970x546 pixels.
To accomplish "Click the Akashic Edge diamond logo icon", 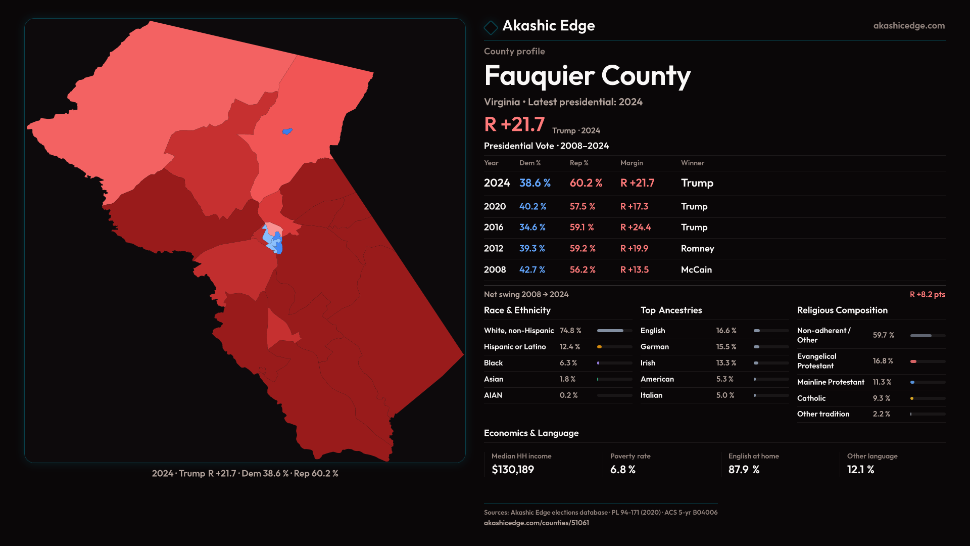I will coord(491,27).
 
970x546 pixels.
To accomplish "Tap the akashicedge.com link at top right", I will coord(909,26).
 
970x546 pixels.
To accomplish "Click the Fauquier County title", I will coord(587,76).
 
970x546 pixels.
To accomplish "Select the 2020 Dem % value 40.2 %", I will coord(532,207).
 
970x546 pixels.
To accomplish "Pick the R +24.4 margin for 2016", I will coord(636,227).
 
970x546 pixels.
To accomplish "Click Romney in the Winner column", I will coord(697,249).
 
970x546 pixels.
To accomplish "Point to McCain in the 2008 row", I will coord(696,270).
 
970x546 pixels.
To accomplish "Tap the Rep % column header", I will coord(579,163).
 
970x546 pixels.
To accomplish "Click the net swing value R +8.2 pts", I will coord(927,294).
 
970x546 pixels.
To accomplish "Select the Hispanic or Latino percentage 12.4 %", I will coord(569,347).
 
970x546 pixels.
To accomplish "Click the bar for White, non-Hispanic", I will coord(614,331).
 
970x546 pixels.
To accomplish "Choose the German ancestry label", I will coord(654,347).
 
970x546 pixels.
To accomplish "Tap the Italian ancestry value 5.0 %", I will coord(725,395).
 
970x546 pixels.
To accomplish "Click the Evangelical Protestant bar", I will coord(928,361).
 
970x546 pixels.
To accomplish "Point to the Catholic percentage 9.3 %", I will coord(881,398).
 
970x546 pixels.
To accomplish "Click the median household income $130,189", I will coord(513,470).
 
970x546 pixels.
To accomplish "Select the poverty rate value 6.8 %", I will coord(622,470).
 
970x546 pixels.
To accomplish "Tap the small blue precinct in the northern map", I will coord(287,131).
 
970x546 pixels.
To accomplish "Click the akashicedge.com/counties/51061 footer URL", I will coord(536,523).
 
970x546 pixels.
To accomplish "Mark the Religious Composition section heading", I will coord(842,310).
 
